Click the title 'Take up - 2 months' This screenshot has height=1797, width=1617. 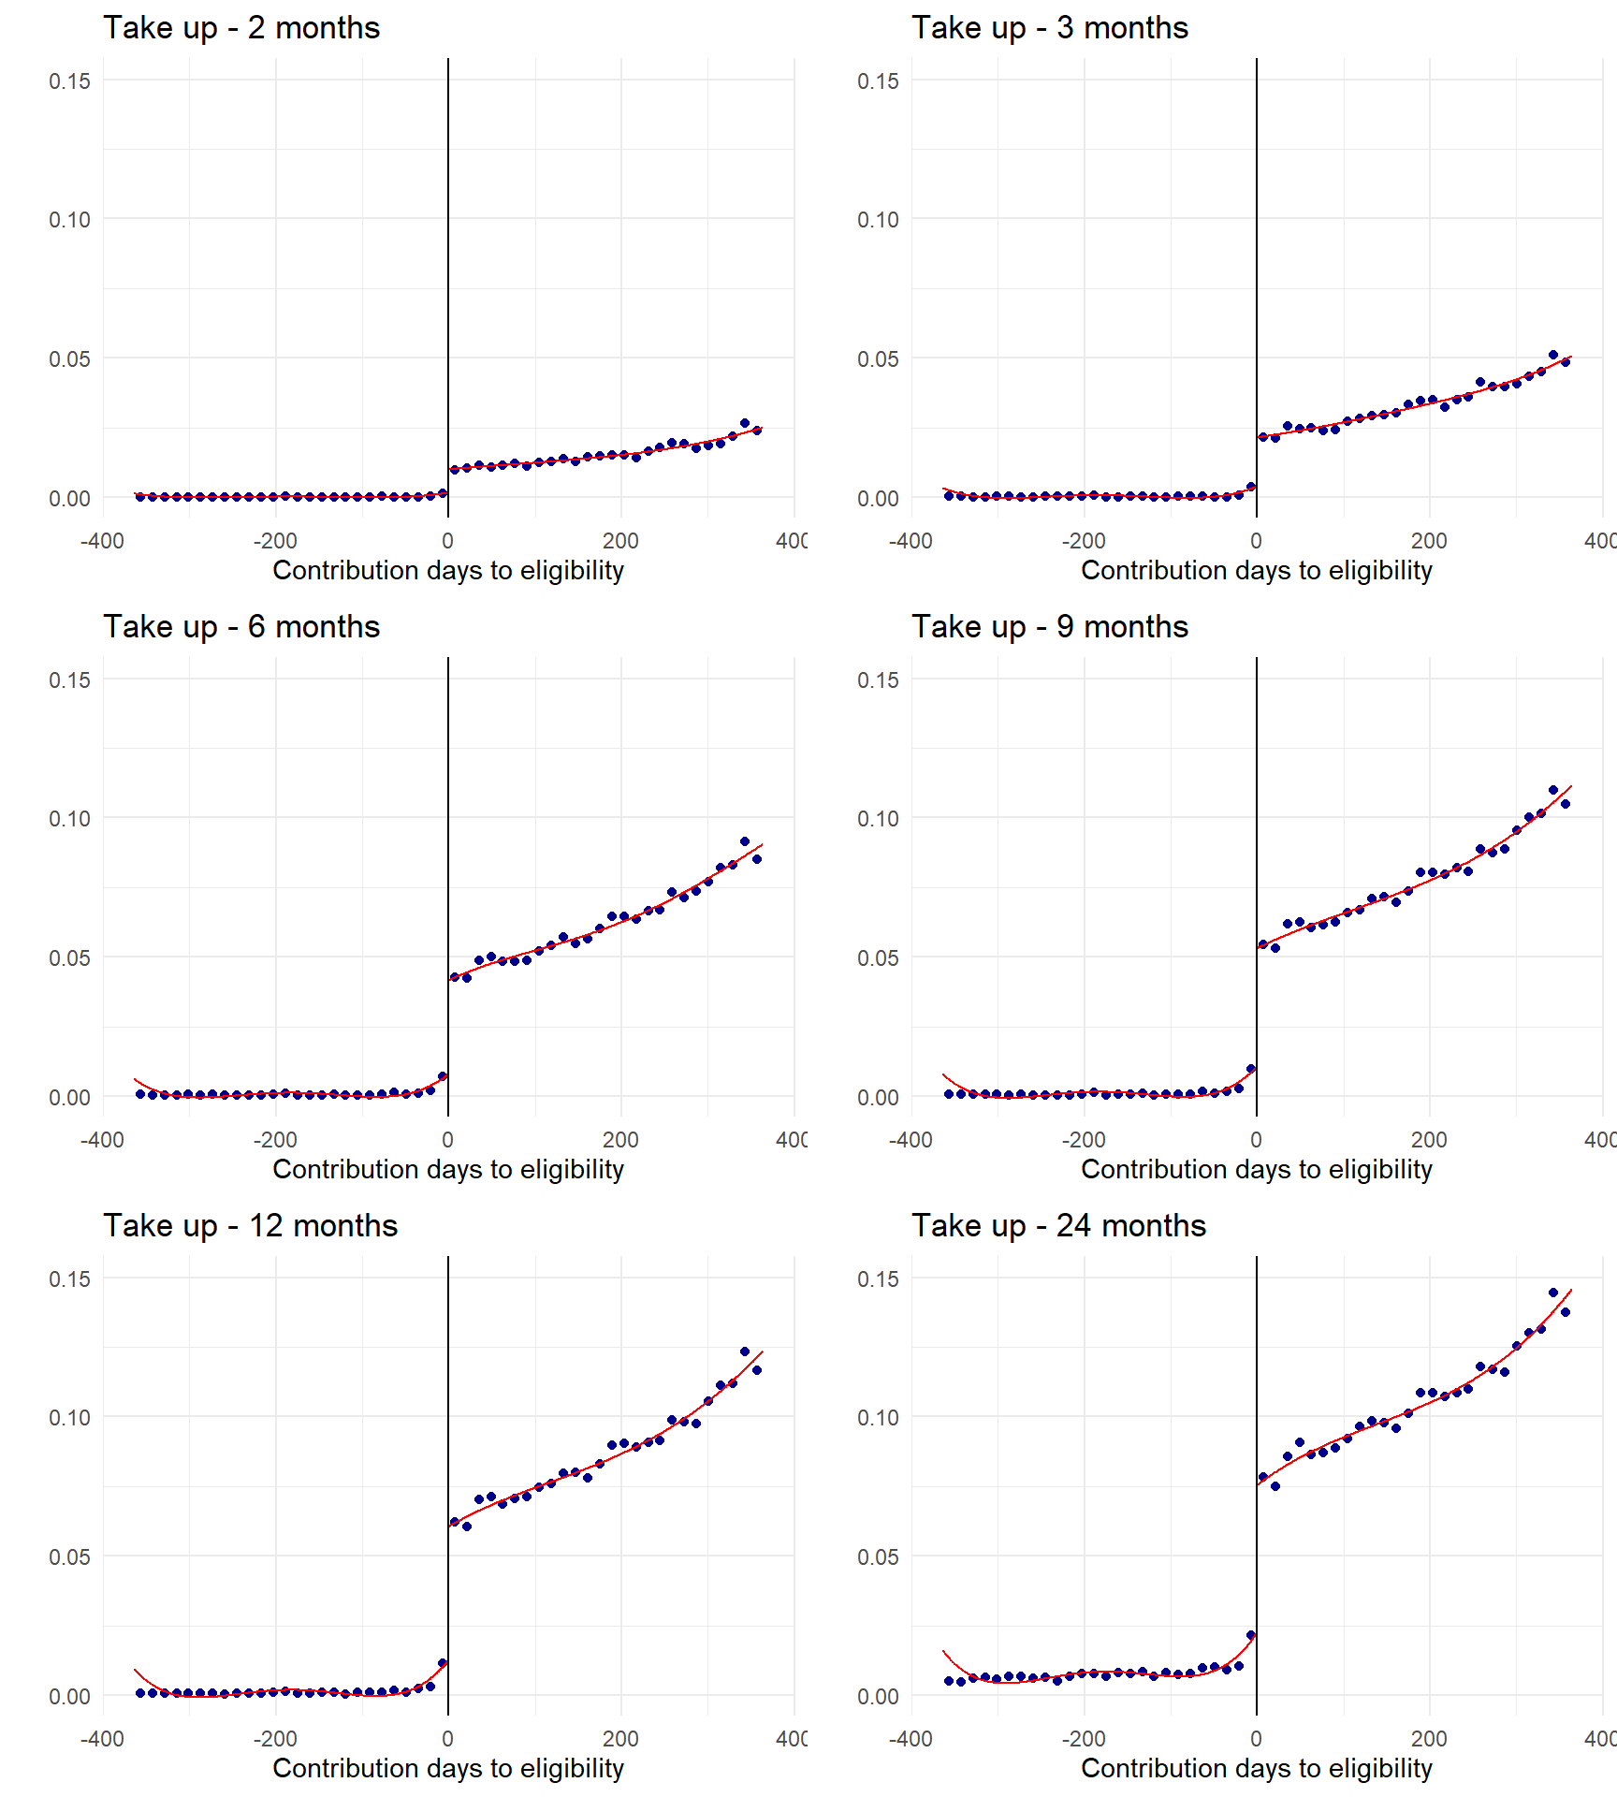click(x=241, y=28)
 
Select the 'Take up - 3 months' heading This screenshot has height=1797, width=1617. click(x=1050, y=28)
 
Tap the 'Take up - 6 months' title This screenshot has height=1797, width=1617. click(x=241, y=627)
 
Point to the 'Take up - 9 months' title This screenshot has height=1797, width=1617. click(x=1050, y=627)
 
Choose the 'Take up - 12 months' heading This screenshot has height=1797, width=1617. click(x=250, y=1226)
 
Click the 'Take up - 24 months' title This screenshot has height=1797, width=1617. click(x=1058, y=1226)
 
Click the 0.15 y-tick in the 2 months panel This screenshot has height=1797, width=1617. click(x=70, y=81)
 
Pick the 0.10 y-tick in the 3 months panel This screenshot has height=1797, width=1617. click(x=878, y=220)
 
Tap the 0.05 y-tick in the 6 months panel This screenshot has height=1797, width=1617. click(x=70, y=958)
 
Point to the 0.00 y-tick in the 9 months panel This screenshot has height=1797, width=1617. click(x=878, y=1098)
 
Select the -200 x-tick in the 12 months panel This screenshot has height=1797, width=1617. click(x=275, y=1739)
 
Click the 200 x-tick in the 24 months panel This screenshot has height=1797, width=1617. click(x=1429, y=1739)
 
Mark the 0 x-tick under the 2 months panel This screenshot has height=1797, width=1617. click(x=448, y=541)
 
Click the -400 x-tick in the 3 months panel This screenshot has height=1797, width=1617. click(x=910, y=541)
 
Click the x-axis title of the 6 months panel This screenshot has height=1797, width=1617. click(x=448, y=1169)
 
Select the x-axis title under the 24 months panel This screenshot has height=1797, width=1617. click(x=1257, y=1768)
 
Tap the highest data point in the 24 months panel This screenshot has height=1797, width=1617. click(x=1553, y=1293)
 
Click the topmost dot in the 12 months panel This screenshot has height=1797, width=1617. click(x=745, y=1351)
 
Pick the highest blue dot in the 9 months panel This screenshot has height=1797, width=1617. click(x=1553, y=790)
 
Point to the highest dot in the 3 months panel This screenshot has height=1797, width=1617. click(x=1553, y=355)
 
